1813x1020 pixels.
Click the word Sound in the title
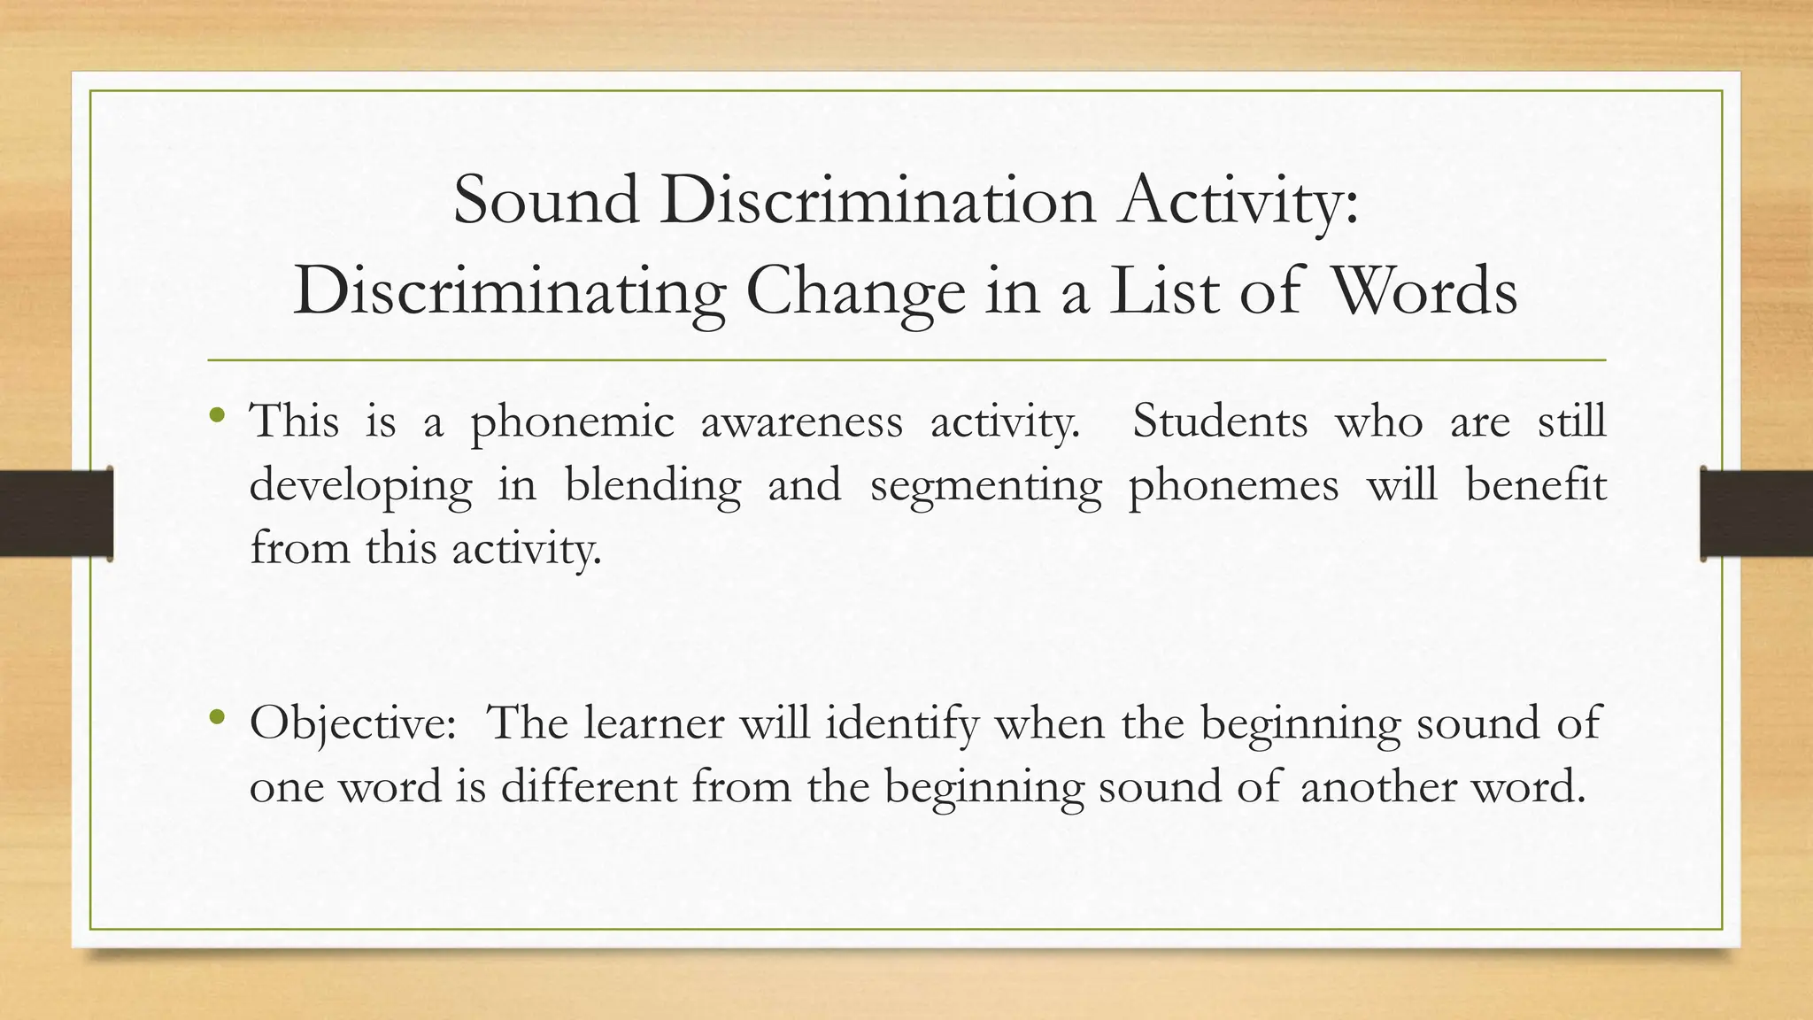(x=545, y=200)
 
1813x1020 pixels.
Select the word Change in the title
(x=855, y=292)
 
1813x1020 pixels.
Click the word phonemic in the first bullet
(x=572, y=421)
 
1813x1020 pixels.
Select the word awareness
(x=801, y=421)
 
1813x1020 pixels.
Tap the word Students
(x=1220, y=421)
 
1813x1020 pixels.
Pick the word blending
(x=652, y=486)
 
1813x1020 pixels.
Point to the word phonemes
(x=1233, y=486)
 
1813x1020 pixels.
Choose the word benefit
(x=1535, y=484)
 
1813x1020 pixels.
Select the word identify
(x=902, y=724)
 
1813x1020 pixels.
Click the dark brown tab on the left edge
(x=56, y=514)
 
